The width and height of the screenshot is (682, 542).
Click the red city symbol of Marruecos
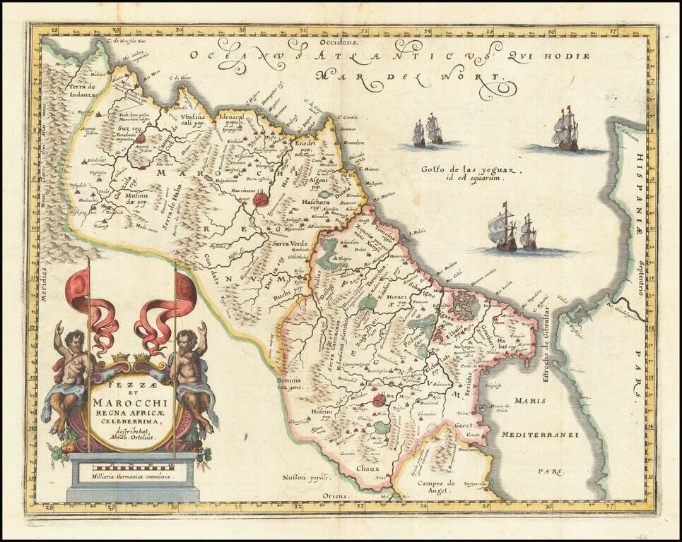261,201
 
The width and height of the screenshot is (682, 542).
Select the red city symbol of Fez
380,400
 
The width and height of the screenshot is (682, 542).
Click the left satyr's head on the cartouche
74,341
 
